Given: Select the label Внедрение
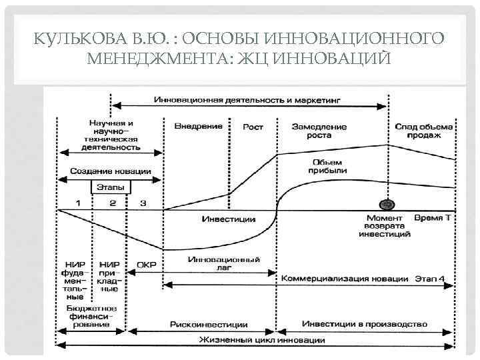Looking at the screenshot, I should (198, 126).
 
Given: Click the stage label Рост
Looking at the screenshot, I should (253, 126).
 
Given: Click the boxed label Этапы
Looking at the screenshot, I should (112, 187).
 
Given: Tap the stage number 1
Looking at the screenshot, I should (78, 202).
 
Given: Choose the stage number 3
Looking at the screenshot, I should (143, 202).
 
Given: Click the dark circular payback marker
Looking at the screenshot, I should (385, 205).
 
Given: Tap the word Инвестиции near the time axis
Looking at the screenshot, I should (228, 218).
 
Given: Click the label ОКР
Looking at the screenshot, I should (146, 264).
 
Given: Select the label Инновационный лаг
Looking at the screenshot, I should (224, 264).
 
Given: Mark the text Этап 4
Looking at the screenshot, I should (434, 278).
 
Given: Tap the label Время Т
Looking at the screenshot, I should (432, 218).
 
